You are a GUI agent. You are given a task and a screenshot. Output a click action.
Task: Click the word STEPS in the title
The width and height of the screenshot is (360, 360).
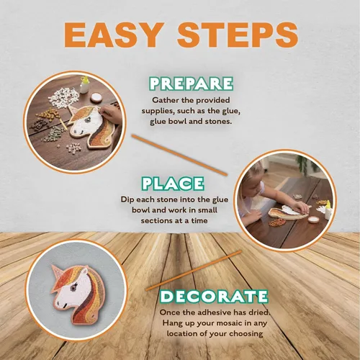238,35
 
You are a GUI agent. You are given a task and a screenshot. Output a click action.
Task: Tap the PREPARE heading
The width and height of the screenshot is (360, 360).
191,84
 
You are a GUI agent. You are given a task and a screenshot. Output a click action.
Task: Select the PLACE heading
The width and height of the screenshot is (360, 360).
173,184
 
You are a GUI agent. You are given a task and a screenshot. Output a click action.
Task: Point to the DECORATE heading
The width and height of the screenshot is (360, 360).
214,296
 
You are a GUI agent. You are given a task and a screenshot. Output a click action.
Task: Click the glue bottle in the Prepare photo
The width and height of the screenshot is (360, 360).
84,84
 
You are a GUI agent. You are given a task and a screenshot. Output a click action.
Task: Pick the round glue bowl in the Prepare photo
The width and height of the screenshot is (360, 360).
96,97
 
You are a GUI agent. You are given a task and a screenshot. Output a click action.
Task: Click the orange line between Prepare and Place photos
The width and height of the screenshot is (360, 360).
179,156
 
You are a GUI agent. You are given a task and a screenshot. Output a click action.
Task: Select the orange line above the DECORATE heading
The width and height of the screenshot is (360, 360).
194,271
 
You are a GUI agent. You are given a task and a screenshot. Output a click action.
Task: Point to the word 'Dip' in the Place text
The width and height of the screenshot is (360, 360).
127,200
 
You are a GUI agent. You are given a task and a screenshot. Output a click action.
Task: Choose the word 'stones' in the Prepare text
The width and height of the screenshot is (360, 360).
218,121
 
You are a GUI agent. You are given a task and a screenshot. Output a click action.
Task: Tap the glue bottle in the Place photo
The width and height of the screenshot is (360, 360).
328,210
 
